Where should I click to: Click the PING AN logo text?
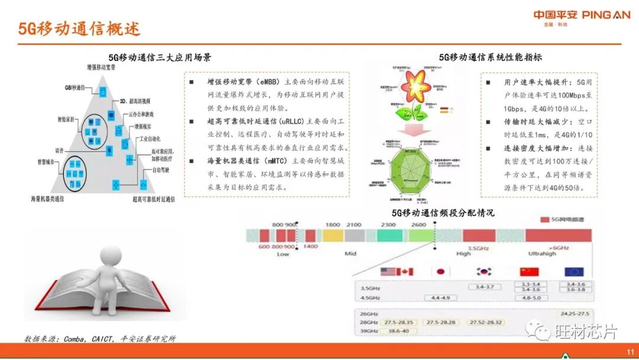pos(606,15)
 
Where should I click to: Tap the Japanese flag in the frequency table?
pos(440,272)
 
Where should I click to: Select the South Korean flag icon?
pos(485,272)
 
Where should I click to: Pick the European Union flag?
pos(574,272)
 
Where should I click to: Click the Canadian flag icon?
pos(405,272)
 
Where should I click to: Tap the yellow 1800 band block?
pos(333,236)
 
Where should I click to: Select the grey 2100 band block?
pos(353,236)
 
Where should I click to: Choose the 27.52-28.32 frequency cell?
pos(485,322)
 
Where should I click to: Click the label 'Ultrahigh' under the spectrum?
pos(543,253)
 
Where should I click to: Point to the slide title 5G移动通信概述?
pos(79,29)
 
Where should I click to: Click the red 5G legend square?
pos(546,220)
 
